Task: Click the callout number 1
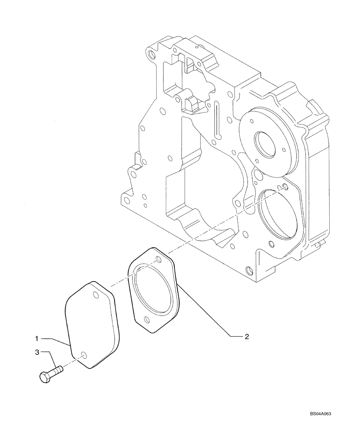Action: coord(37,338)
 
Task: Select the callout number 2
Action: coord(246,337)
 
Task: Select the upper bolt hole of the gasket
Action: coord(158,259)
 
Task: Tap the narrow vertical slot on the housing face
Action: coord(218,120)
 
